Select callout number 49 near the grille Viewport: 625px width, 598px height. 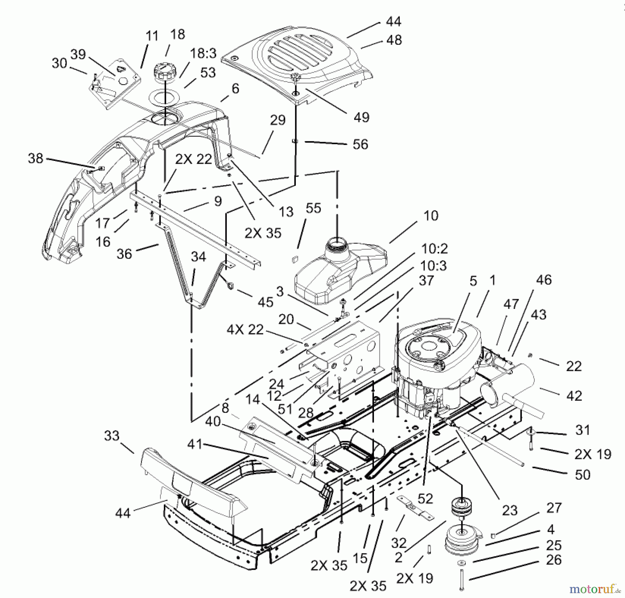pyautogui.click(x=361, y=117)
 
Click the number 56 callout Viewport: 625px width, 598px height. pyautogui.click(x=360, y=144)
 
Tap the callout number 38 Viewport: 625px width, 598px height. pyautogui.click(x=35, y=159)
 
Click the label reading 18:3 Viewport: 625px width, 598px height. pyautogui.click(x=203, y=54)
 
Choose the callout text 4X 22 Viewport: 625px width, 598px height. pyautogui.click(x=245, y=329)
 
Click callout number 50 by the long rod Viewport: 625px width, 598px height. pyautogui.click(x=582, y=475)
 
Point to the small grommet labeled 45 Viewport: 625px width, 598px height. pyautogui.click(x=230, y=286)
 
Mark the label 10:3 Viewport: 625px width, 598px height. pyautogui.click(x=433, y=266)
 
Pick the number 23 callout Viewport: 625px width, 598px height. pyautogui.click(x=509, y=510)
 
